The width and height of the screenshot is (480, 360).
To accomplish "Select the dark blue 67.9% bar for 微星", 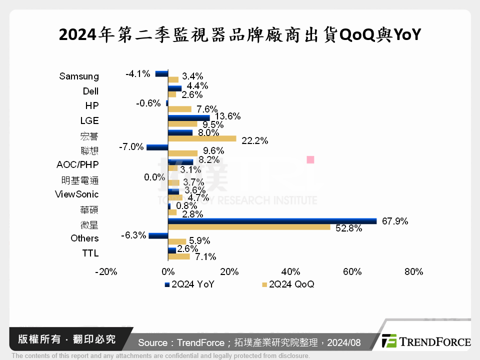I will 272,221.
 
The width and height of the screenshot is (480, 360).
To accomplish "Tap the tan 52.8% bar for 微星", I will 249,227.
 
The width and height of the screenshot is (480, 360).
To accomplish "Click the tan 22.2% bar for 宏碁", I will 202,138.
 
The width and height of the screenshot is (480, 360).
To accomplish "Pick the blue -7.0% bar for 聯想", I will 157,147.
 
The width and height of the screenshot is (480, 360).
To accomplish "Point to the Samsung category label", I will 79,76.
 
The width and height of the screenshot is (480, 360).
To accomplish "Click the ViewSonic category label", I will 76,194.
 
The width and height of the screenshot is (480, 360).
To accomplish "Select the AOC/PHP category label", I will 77,164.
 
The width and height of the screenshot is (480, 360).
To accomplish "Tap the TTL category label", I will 90,253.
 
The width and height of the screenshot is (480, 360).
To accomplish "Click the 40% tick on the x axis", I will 290,272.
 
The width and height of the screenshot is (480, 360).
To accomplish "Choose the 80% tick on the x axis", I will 413,272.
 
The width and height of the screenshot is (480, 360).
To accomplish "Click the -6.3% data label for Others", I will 133,234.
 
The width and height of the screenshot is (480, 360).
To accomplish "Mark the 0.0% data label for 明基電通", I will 154,176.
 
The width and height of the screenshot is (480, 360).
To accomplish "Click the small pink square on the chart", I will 310,160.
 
